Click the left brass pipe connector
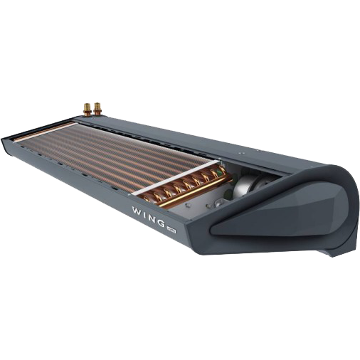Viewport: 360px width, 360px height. (86, 109)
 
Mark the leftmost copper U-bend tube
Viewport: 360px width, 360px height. (152, 192)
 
